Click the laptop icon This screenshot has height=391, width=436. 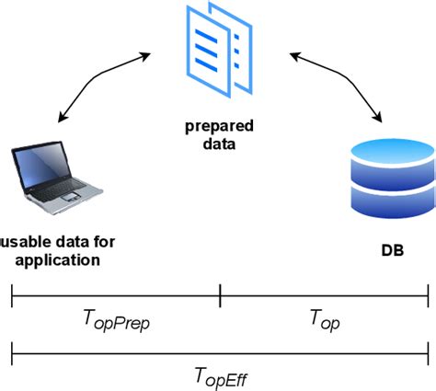[x=57, y=178]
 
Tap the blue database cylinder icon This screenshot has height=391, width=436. [x=393, y=178]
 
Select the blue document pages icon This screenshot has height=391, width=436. [x=219, y=50]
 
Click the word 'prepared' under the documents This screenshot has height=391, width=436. [x=219, y=126]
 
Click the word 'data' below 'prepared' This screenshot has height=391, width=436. [x=219, y=144]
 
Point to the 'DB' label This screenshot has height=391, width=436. [x=393, y=250]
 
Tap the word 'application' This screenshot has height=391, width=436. [x=58, y=260]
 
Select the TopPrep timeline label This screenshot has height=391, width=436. [x=116, y=321]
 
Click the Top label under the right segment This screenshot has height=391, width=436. [x=325, y=320]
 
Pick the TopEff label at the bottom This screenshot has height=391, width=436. [x=221, y=377]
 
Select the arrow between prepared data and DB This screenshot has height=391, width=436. [x=346, y=79]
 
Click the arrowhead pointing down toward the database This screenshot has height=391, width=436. [x=378, y=118]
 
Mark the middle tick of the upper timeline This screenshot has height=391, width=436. [x=220, y=295]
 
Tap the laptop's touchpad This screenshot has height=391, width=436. [x=71, y=197]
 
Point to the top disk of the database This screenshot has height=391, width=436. [x=393, y=150]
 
